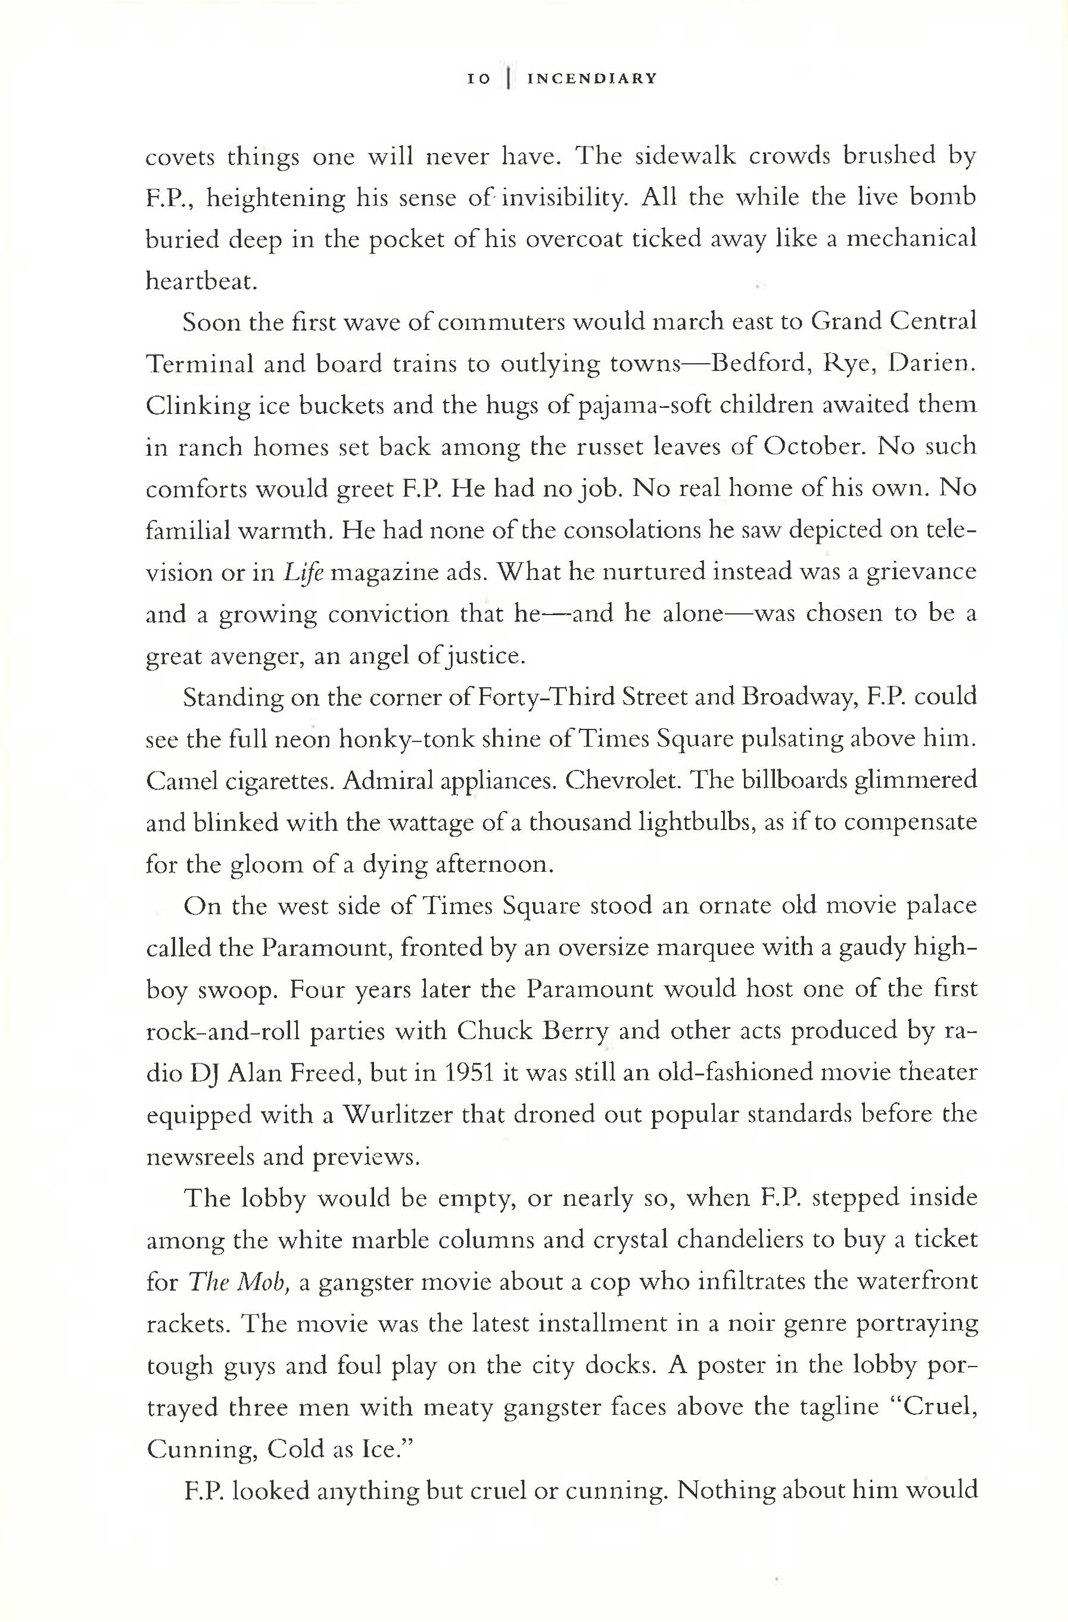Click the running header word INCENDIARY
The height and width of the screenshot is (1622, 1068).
(x=592, y=79)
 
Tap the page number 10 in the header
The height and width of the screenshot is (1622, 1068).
(x=478, y=79)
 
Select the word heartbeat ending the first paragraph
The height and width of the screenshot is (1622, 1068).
(x=201, y=282)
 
